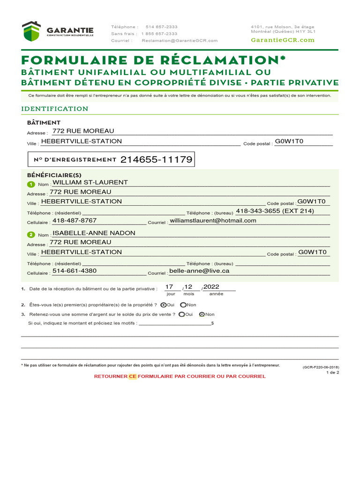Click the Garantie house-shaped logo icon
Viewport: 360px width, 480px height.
tap(31, 31)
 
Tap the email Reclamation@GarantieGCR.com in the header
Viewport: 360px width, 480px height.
tap(180, 41)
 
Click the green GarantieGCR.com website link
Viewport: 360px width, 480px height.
tap(283, 40)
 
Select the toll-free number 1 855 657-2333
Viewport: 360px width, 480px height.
tap(159, 34)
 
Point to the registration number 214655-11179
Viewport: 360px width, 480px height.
tap(156, 160)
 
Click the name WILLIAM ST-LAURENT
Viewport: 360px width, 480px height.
tap(90, 182)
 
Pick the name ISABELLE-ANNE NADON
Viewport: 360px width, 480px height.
tap(94, 233)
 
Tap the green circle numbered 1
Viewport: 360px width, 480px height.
tap(31, 184)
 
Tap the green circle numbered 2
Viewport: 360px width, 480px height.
tap(31, 234)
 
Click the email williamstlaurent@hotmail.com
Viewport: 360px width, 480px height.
tap(213, 221)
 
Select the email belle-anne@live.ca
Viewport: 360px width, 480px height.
tap(199, 271)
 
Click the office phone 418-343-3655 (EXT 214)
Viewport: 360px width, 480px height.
tap(275, 211)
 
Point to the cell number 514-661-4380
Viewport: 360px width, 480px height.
tap(75, 271)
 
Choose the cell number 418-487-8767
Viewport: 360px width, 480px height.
tap(75, 221)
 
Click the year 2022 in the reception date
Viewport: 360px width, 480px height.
tap(211, 287)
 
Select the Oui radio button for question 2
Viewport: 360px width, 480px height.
tap(163, 305)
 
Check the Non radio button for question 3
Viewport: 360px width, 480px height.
tap(202, 315)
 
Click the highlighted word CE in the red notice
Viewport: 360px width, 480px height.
tap(132, 376)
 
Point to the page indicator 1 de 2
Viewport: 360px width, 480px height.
tap(332, 373)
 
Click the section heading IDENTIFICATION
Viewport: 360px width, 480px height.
tap(55, 109)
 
